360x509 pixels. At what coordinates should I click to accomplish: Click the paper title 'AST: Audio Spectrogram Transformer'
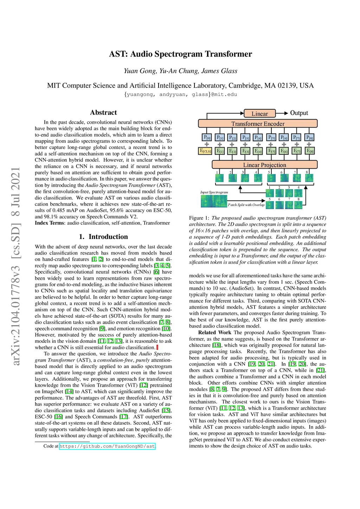click(180, 54)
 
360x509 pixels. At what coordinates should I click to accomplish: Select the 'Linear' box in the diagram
click(260, 114)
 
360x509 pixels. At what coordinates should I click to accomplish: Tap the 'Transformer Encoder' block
click(258, 124)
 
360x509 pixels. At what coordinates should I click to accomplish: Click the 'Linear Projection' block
click(264, 165)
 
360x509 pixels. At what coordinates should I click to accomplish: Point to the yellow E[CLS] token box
click(206, 151)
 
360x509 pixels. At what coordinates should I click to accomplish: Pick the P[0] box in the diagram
click(207, 138)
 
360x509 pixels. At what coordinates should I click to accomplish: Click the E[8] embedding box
click(309, 151)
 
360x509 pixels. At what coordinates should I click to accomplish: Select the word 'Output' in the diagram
click(299, 113)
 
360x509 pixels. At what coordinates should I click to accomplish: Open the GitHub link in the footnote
click(107, 446)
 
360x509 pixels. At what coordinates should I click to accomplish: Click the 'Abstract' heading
click(103, 112)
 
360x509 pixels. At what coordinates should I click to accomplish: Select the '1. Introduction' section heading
click(103, 237)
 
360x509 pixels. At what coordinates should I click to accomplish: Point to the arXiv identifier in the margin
click(16, 266)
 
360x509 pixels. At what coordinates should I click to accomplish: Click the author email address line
click(180, 95)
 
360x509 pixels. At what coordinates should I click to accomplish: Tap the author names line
click(180, 71)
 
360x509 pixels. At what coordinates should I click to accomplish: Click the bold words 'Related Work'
click(214, 333)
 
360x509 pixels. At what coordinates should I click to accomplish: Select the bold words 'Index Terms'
click(49, 223)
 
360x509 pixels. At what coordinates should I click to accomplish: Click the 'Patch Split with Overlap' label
click(246, 205)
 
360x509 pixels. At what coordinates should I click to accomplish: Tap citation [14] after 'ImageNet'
click(69, 392)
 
